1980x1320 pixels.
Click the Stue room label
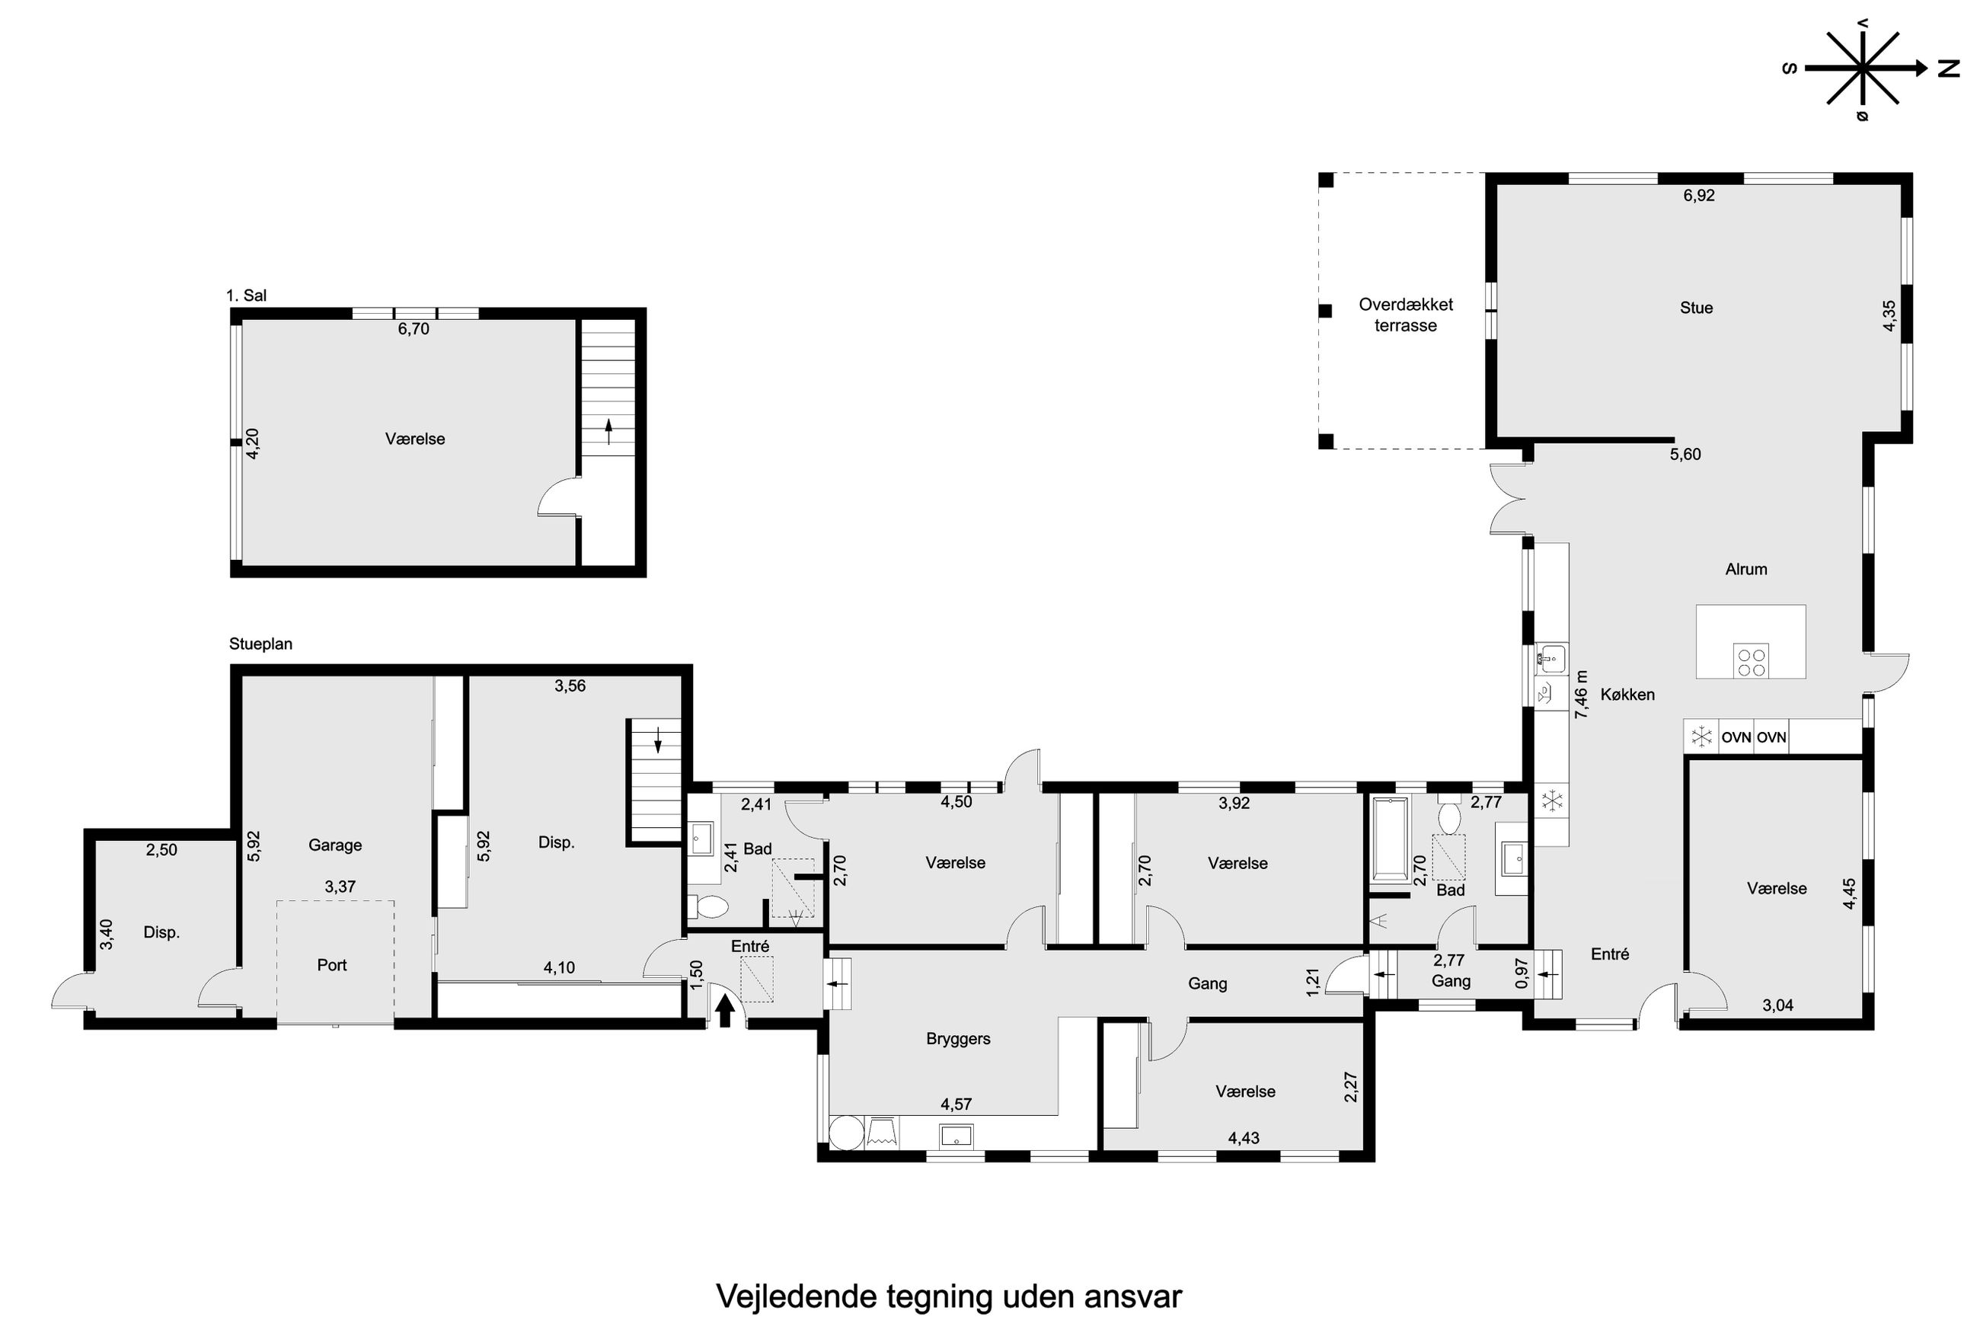(x=1696, y=308)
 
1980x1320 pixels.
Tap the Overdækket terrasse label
(x=1405, y=315)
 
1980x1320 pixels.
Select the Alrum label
(x=1746, y=569)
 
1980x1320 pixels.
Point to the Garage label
(x=335, y=845)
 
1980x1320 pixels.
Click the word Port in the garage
(x=331, y=965)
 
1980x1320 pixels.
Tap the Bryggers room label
(x=957, y=1039)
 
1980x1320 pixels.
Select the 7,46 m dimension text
(x=1581, y=694)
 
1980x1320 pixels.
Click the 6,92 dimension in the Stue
(x=1698, y=195)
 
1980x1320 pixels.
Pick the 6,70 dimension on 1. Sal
(x=414, y=329)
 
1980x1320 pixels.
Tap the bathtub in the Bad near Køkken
(x=1390, y=839)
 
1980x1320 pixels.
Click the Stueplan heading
(x=261, y=644)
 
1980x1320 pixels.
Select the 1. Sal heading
(x=247, y=296)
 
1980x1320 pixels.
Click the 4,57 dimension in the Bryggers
(x=956, y=1104)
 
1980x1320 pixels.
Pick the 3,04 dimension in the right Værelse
(x=1777, y=1005)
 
